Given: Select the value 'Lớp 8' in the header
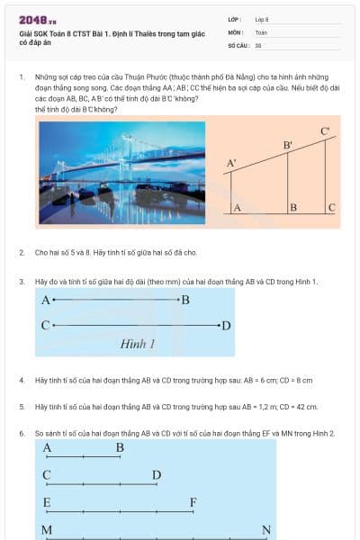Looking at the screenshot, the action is [262, 19].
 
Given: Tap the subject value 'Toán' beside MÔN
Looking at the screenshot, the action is [261, 32].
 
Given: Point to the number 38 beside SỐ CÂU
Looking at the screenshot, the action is [258, 45].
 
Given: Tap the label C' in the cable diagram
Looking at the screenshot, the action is [325, 132].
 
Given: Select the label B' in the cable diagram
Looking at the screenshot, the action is [288, 145].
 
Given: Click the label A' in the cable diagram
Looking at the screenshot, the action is [231, 163].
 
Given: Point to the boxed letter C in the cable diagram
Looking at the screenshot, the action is [331, 208].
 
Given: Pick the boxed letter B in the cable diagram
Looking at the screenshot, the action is [293, 208].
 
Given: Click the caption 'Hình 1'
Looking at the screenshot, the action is [138, 344].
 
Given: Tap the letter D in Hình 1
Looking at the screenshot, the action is [226, 325].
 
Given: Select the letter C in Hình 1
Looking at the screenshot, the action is [44, 325].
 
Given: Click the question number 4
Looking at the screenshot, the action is [22, 381].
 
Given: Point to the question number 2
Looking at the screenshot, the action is [22, 253].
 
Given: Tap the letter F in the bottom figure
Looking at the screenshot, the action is [193, 501].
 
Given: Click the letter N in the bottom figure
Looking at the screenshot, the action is [266, 530].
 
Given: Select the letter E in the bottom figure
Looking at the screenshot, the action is [47, 501].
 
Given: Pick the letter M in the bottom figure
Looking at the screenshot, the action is [47, 530].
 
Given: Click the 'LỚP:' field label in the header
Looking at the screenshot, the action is [234, 19].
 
